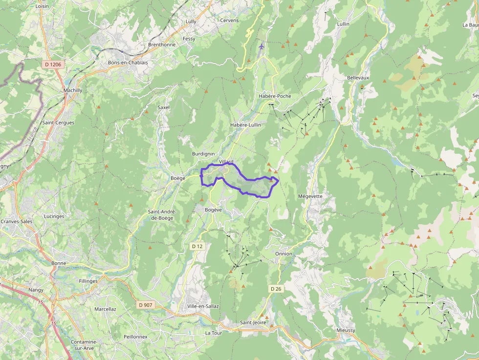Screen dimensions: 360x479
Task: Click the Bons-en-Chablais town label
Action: (x=128, y=63)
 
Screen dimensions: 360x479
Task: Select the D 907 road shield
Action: (x=146, y=305)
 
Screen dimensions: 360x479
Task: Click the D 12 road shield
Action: (x=196, y=246)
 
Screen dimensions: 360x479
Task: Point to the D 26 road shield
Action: (x=276, y=289)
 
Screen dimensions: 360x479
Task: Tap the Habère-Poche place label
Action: (x=275, y=96)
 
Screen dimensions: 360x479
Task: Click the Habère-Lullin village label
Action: (x=245, y=125)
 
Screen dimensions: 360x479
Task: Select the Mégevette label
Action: (x=310, y=196)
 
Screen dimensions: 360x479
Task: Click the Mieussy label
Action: (x=346, y=330)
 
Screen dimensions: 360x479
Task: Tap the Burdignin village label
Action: (x=203, y=154)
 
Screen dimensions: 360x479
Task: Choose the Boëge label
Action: (x=178, y=178)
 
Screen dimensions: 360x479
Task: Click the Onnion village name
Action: (x=283, y=254)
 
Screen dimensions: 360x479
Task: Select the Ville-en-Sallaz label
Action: (x=203, y=306)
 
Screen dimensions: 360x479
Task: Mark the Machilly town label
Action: (x=73, y=90)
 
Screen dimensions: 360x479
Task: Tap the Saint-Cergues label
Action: (x=58, y=123)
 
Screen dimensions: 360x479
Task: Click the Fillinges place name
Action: (x=88, y=281)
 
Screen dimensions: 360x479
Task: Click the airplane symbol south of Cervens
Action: (x=261, y=47)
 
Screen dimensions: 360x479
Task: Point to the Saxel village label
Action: (x=163, y=107)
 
